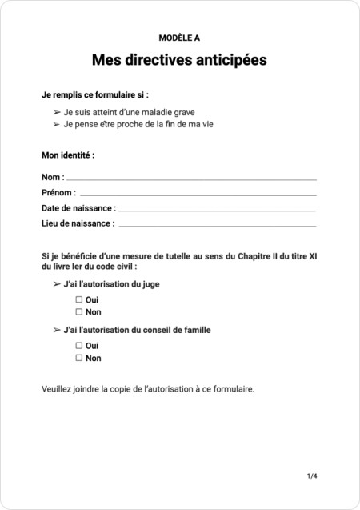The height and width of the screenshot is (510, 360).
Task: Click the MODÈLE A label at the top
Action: (x=179, y=37)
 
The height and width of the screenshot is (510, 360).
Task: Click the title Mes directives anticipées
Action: (x=179, y=60)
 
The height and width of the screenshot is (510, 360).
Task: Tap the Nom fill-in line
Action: (x=191, y=178)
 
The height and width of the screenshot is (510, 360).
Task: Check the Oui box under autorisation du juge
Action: (x=79, y=299)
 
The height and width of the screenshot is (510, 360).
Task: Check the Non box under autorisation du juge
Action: (x=79, y=311)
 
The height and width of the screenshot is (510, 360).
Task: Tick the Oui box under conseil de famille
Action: (x=79, y=345)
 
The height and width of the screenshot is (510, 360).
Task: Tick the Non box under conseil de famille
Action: (x=79, y=358)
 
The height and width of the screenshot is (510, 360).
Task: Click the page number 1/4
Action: (x=312, y=476)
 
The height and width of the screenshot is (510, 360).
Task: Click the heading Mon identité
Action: (x=68, y=155)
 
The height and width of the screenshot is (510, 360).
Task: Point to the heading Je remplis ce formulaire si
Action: (x=94, y=94)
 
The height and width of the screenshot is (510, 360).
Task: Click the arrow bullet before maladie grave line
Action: (x=57, y=112)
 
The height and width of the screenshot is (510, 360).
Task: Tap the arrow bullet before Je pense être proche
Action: (x=57, y=124)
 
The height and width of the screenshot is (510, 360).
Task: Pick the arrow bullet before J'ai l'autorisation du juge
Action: (x=57, y=283)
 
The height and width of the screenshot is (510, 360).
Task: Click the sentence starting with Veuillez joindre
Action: (x=147, y=389)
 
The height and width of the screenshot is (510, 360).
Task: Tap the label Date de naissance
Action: (x=78, y=209)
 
